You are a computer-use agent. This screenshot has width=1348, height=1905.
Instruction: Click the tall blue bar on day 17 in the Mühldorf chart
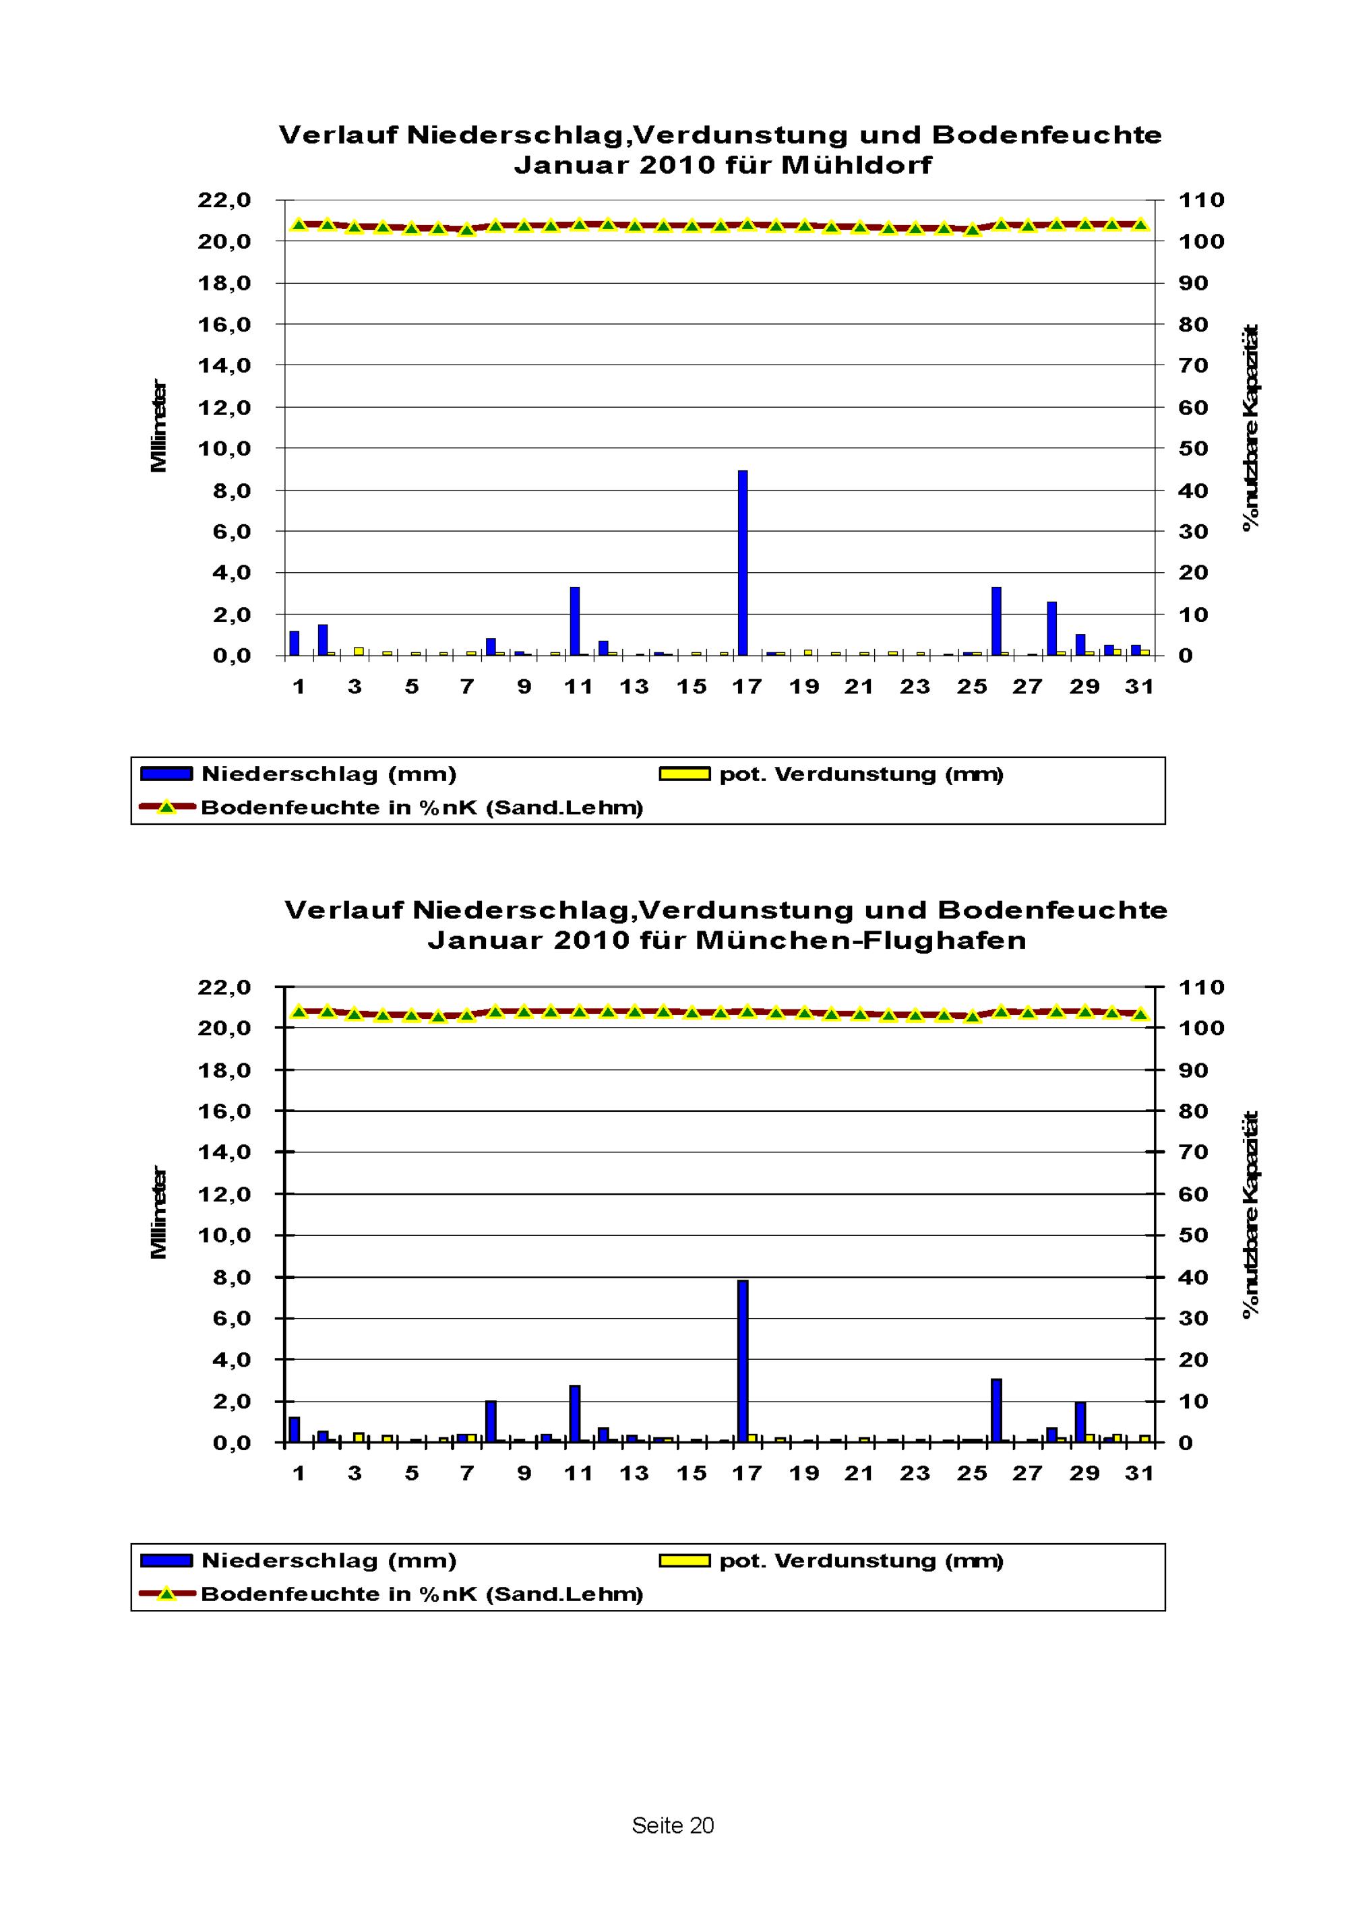[743, 563]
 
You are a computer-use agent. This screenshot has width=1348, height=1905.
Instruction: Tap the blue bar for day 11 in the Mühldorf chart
[574, 621]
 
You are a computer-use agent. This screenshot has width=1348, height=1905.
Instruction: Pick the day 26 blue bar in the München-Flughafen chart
[996, 1410]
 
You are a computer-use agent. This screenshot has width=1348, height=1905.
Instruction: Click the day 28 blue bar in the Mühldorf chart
[1051, 628]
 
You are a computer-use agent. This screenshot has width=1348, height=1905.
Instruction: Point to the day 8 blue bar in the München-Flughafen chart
[491, 1421]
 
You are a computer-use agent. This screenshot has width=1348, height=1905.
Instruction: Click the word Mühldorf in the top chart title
[856, 164]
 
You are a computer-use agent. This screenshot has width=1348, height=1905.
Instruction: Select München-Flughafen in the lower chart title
[861, 940]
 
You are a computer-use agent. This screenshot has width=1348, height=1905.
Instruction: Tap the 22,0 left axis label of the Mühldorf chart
[224, 200]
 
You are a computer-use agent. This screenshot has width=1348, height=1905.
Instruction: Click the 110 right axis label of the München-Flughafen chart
[1202, 987]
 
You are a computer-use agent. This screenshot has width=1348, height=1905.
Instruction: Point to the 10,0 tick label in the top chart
[224, 449]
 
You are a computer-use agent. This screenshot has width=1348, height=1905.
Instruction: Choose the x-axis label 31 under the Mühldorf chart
[1140, 686]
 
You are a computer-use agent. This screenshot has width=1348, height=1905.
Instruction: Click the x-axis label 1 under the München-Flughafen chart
[299, 1473]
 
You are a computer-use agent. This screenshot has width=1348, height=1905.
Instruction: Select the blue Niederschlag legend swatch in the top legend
[167, 774]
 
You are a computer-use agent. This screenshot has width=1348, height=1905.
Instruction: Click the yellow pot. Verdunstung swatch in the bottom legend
[685, 1561]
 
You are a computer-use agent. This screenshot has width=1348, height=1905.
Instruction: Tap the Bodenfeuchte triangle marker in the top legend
[167, 807]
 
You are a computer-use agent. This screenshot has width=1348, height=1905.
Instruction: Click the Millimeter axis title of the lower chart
[158, 1213]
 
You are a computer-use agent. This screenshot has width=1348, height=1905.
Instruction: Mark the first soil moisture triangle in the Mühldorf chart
[299, 224]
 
